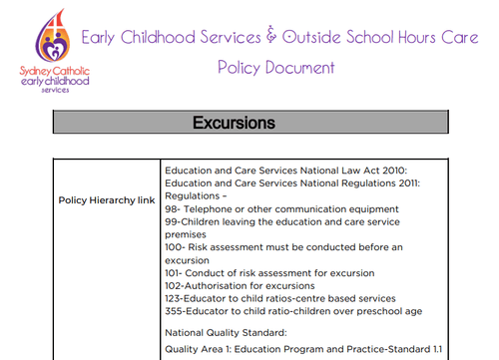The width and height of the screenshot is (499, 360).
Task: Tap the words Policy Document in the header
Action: (275, 68)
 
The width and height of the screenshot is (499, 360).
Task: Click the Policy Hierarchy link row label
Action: (107, 199)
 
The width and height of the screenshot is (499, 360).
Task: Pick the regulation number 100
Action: (176, 246)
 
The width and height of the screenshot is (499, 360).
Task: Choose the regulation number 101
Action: (175, 272)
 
